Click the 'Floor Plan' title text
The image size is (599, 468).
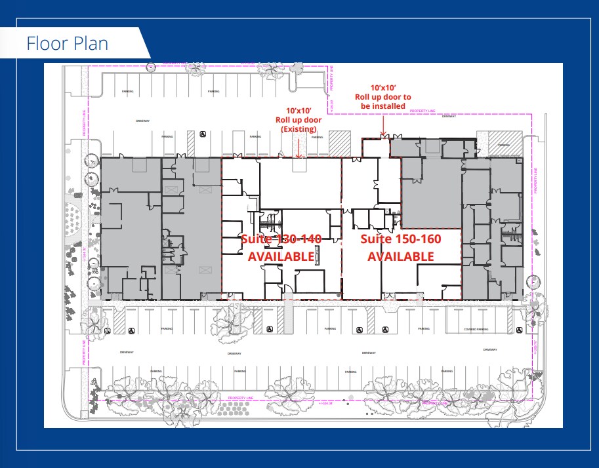[67, 44]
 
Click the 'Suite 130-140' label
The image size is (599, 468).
[281, 239]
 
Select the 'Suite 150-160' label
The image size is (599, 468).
[400, 239]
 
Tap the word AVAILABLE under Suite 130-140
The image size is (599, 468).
[281, 256]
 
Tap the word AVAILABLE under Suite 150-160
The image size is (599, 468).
[400, 256]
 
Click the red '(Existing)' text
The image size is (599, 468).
[299, 130]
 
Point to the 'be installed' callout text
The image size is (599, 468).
[382, 106]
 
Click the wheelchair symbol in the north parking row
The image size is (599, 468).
[203, 136]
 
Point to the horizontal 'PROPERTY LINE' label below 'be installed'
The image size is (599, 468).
[423, 112]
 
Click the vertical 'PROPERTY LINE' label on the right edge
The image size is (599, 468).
[535, 178]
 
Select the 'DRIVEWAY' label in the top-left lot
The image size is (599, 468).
[143, 121]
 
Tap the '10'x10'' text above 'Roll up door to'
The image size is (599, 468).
[382, 88]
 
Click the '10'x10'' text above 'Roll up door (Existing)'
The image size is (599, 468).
[299, 111]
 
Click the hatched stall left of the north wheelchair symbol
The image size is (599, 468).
[191, 138]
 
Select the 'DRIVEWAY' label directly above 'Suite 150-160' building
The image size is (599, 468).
[448, 117]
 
